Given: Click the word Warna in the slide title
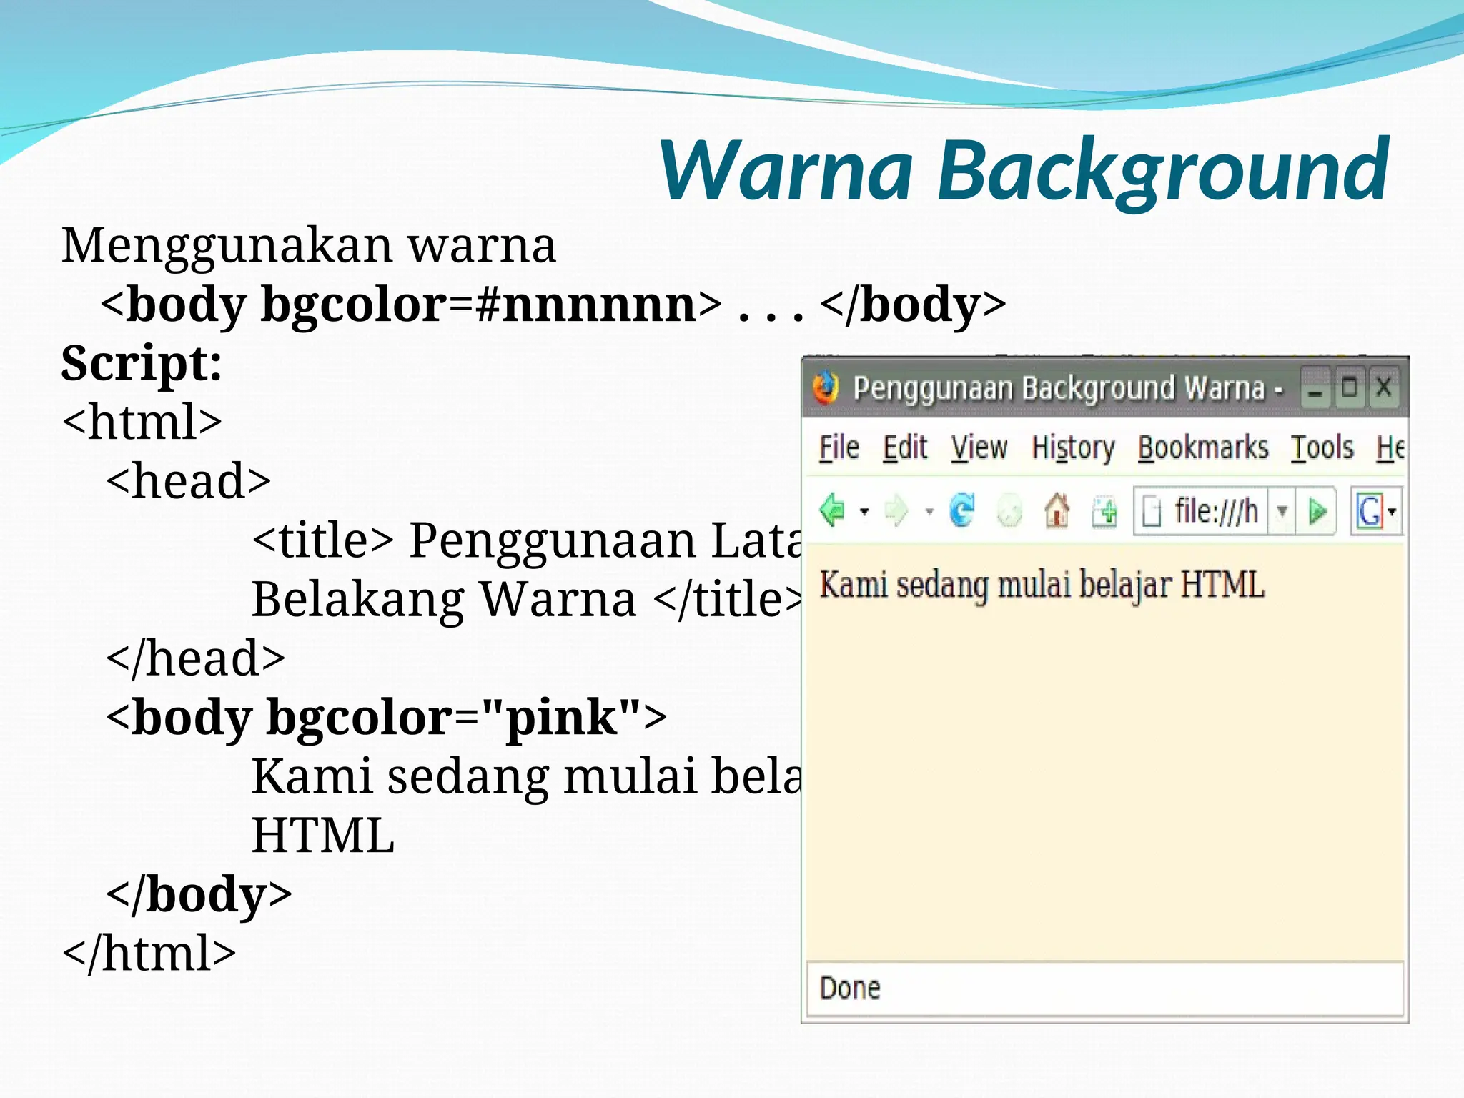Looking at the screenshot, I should (786, 172).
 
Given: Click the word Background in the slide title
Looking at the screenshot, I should (1162, 172).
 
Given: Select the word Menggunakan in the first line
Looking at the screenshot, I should (226, 247).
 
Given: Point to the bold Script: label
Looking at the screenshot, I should (142, 363).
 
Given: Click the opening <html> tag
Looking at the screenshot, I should (142, 422).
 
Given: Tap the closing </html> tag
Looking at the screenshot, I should (149, 954).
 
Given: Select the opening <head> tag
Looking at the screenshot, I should (189, 481).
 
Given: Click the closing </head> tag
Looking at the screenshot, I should (195, 658).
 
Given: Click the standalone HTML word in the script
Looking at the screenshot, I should (323, 836).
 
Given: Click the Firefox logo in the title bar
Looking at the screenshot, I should (825, 388).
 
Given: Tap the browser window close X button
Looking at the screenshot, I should (1383, 388).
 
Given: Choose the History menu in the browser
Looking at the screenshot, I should (1073, 448).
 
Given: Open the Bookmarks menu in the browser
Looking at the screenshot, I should (1203, 448).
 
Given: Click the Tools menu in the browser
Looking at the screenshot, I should (1322, 448).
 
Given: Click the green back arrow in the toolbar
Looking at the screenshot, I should (832, 510).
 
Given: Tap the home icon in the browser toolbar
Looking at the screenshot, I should (1057, 511).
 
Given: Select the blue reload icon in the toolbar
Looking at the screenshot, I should (962, 510).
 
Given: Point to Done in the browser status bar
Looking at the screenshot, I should (850, 989).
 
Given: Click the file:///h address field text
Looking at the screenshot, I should (1216, 511).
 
